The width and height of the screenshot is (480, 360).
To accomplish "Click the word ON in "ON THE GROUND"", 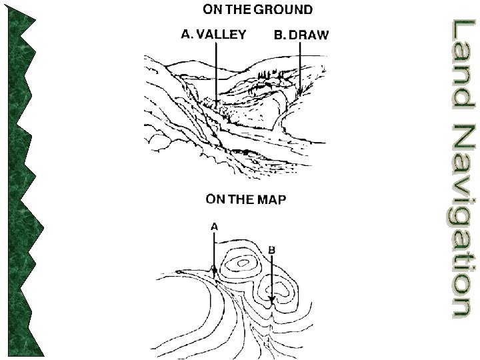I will [x=212, y=10].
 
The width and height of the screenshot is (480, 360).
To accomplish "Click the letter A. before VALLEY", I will [x=187, y=35].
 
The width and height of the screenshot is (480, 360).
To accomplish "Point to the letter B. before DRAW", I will [x=280, y=35].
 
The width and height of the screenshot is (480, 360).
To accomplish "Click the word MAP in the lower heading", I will [x=271, y=199].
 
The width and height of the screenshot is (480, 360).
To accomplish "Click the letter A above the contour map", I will [x=214, y=227].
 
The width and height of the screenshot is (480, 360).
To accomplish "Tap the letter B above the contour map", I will [x=271, y=249].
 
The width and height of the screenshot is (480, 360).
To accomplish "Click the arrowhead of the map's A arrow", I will [x=214, y=270].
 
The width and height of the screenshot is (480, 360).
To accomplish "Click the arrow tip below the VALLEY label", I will [x=217, y=101].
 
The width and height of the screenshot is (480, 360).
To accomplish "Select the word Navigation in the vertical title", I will [x=460, y=220].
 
